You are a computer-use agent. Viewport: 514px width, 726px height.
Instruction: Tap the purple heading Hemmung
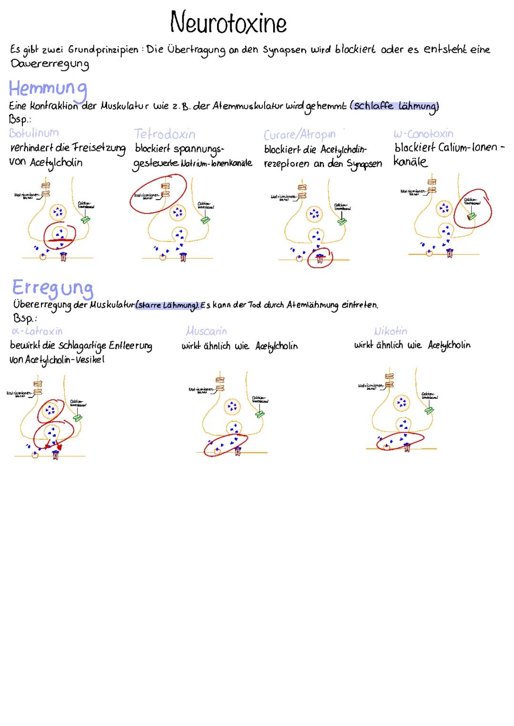[x=48, y=89]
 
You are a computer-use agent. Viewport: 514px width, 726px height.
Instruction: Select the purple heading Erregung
[x=52, y=288]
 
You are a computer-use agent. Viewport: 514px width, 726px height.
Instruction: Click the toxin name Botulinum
[x=34, y=133]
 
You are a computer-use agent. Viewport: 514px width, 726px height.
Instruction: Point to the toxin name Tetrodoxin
[x=165, y=134]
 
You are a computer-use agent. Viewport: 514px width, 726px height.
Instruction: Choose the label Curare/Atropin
[x=300, y=135]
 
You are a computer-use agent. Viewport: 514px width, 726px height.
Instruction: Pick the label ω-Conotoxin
[x=424, y=134]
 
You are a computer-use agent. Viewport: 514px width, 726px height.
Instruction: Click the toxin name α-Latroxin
[x=37, y=331]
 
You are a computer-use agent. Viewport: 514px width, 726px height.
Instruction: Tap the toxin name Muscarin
[x=206, y=331]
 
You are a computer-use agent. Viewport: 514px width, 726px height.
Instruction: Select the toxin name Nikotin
[x=391, y=331]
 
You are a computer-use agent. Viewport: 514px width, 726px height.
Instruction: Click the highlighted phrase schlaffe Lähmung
[x=395, y=106]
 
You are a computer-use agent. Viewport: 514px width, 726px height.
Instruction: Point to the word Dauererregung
[x=49, y=64]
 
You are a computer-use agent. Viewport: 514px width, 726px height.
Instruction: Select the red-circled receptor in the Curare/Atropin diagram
[x=320, y=258]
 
